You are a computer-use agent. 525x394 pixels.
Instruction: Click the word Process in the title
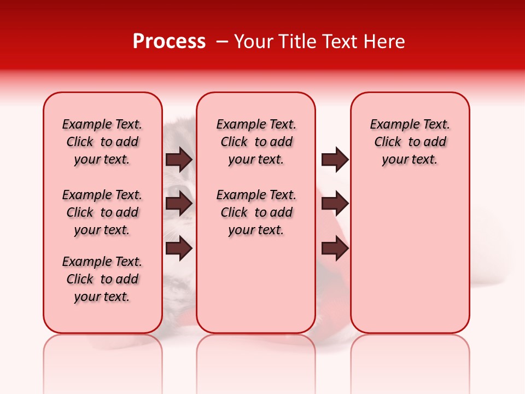tap(169, 42)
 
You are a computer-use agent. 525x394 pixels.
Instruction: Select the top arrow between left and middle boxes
tap(179, 160)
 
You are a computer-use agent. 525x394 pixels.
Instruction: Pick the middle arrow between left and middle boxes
tap(179, 204)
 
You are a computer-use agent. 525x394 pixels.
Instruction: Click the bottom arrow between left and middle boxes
tap(179, 248)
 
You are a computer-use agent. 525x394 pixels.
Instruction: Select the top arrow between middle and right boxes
tap(335, 160)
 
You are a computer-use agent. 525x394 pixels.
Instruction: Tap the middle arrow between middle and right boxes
tap(335, 204)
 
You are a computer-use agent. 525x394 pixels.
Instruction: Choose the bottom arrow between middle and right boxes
tap(335, 248)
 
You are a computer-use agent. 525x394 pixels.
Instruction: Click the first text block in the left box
tap(102, 142)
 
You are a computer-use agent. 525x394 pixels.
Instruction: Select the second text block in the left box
tap(102, 212)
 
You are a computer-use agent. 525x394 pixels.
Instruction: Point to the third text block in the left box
tap(102, 279)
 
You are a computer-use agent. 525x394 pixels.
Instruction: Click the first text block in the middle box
tap(256, 142)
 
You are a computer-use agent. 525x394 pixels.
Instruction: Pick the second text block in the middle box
tap(256, 212)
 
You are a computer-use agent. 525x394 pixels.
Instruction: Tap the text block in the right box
tap(410, 142)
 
